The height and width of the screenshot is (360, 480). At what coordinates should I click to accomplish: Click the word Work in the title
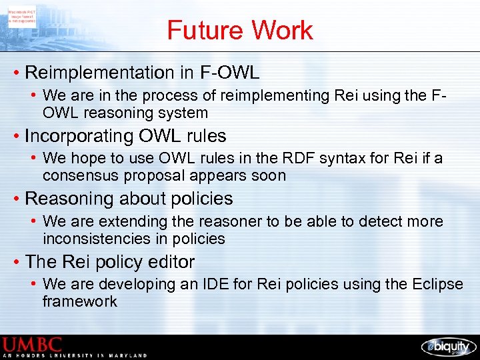tap(282, 30)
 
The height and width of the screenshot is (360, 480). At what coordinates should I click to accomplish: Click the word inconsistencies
tap(93, 239)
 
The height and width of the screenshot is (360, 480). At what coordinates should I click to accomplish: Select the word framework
tap(79, 301)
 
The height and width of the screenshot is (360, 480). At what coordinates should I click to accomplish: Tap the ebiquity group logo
tap(447, 346)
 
